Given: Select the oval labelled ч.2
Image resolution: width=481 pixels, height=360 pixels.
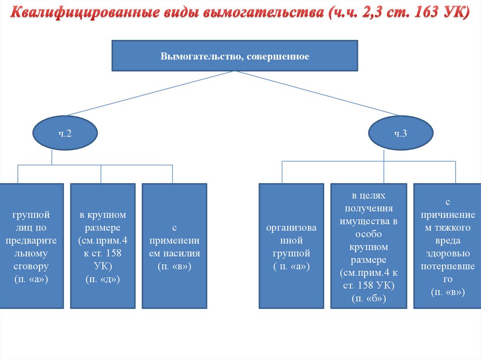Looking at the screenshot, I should point(65,134).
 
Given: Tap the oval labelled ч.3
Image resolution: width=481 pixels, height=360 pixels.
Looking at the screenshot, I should point(400,134).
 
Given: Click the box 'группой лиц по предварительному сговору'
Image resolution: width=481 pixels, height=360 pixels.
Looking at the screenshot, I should point(31,245).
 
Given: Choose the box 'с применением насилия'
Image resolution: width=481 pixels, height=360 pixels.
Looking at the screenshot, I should point(174,245).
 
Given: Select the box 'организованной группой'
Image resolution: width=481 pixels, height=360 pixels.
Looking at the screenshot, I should point(291,245).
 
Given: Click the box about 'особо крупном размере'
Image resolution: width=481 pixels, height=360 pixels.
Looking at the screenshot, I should point(369,245).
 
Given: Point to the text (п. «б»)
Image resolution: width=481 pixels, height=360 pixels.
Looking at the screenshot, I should point(369,298).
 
